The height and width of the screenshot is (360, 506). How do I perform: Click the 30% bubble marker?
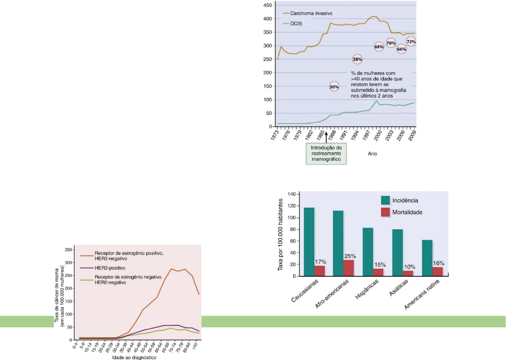334,87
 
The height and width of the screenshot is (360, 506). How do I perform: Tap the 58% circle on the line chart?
357,59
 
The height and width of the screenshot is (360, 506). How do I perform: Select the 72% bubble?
411,42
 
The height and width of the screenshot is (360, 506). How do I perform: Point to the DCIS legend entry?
296,24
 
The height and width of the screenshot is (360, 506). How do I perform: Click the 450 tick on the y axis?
267,5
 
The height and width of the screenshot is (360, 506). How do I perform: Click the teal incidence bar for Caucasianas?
309,242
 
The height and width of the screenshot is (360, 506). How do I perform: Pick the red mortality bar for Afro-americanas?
349,268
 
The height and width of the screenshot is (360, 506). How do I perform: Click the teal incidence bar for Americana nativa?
427,258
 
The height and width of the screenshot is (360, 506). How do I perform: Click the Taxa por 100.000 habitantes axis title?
281,235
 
